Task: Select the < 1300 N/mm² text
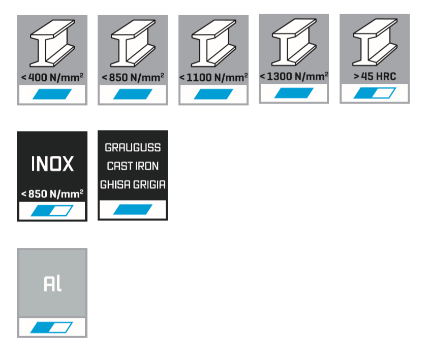pos(294,77)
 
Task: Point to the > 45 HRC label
pos(375,77)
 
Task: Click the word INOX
pos(52,164)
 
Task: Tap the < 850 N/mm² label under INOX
pos(52,194)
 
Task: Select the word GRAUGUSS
pos(133,147)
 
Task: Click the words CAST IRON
pos(133,166)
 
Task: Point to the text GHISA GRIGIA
pos(133,185)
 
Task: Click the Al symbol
pos(52,284)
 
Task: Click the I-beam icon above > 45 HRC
pos(375,44)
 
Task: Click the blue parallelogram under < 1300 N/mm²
pos(294,93)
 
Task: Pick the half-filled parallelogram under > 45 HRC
pos(375,93)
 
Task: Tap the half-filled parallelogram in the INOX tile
pos(52,210)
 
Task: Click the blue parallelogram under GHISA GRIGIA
pos(133,209)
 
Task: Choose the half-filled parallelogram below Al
pos(52,328)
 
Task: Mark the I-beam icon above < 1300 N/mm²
pos(294,44)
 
